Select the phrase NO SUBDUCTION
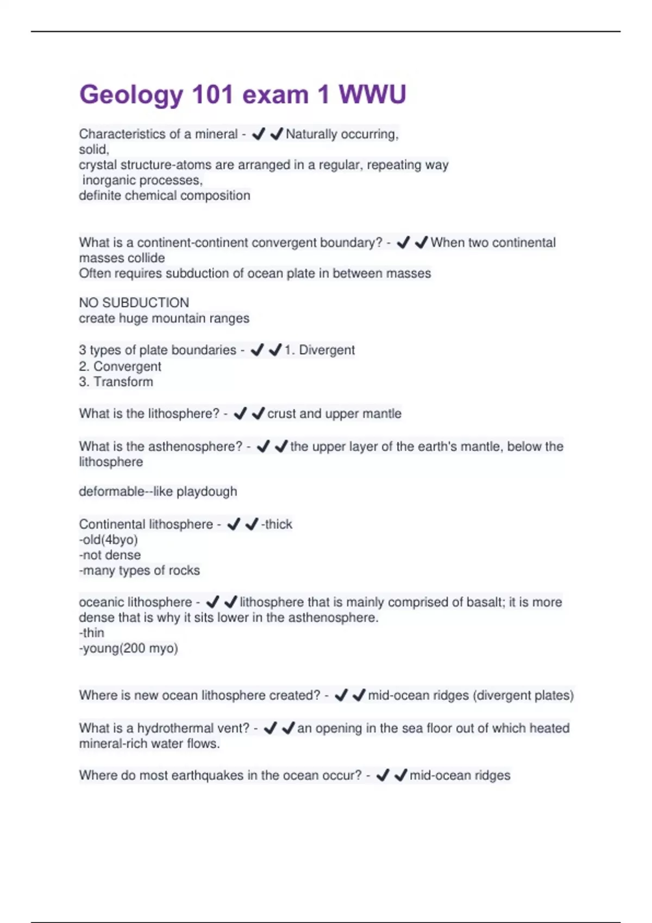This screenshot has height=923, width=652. coord(134,302)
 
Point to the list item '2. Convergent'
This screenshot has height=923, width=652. coord(120,366)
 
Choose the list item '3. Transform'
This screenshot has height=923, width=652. coord(116,382)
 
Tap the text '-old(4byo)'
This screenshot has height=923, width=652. coord(108,540)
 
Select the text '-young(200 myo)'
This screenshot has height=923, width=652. coord(128,648)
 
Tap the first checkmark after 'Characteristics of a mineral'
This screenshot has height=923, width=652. coord(259,134)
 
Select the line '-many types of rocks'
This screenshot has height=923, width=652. coord(139,571)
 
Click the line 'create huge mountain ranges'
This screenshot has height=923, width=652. coord(164,318)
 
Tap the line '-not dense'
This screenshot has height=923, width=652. coord(110,555)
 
